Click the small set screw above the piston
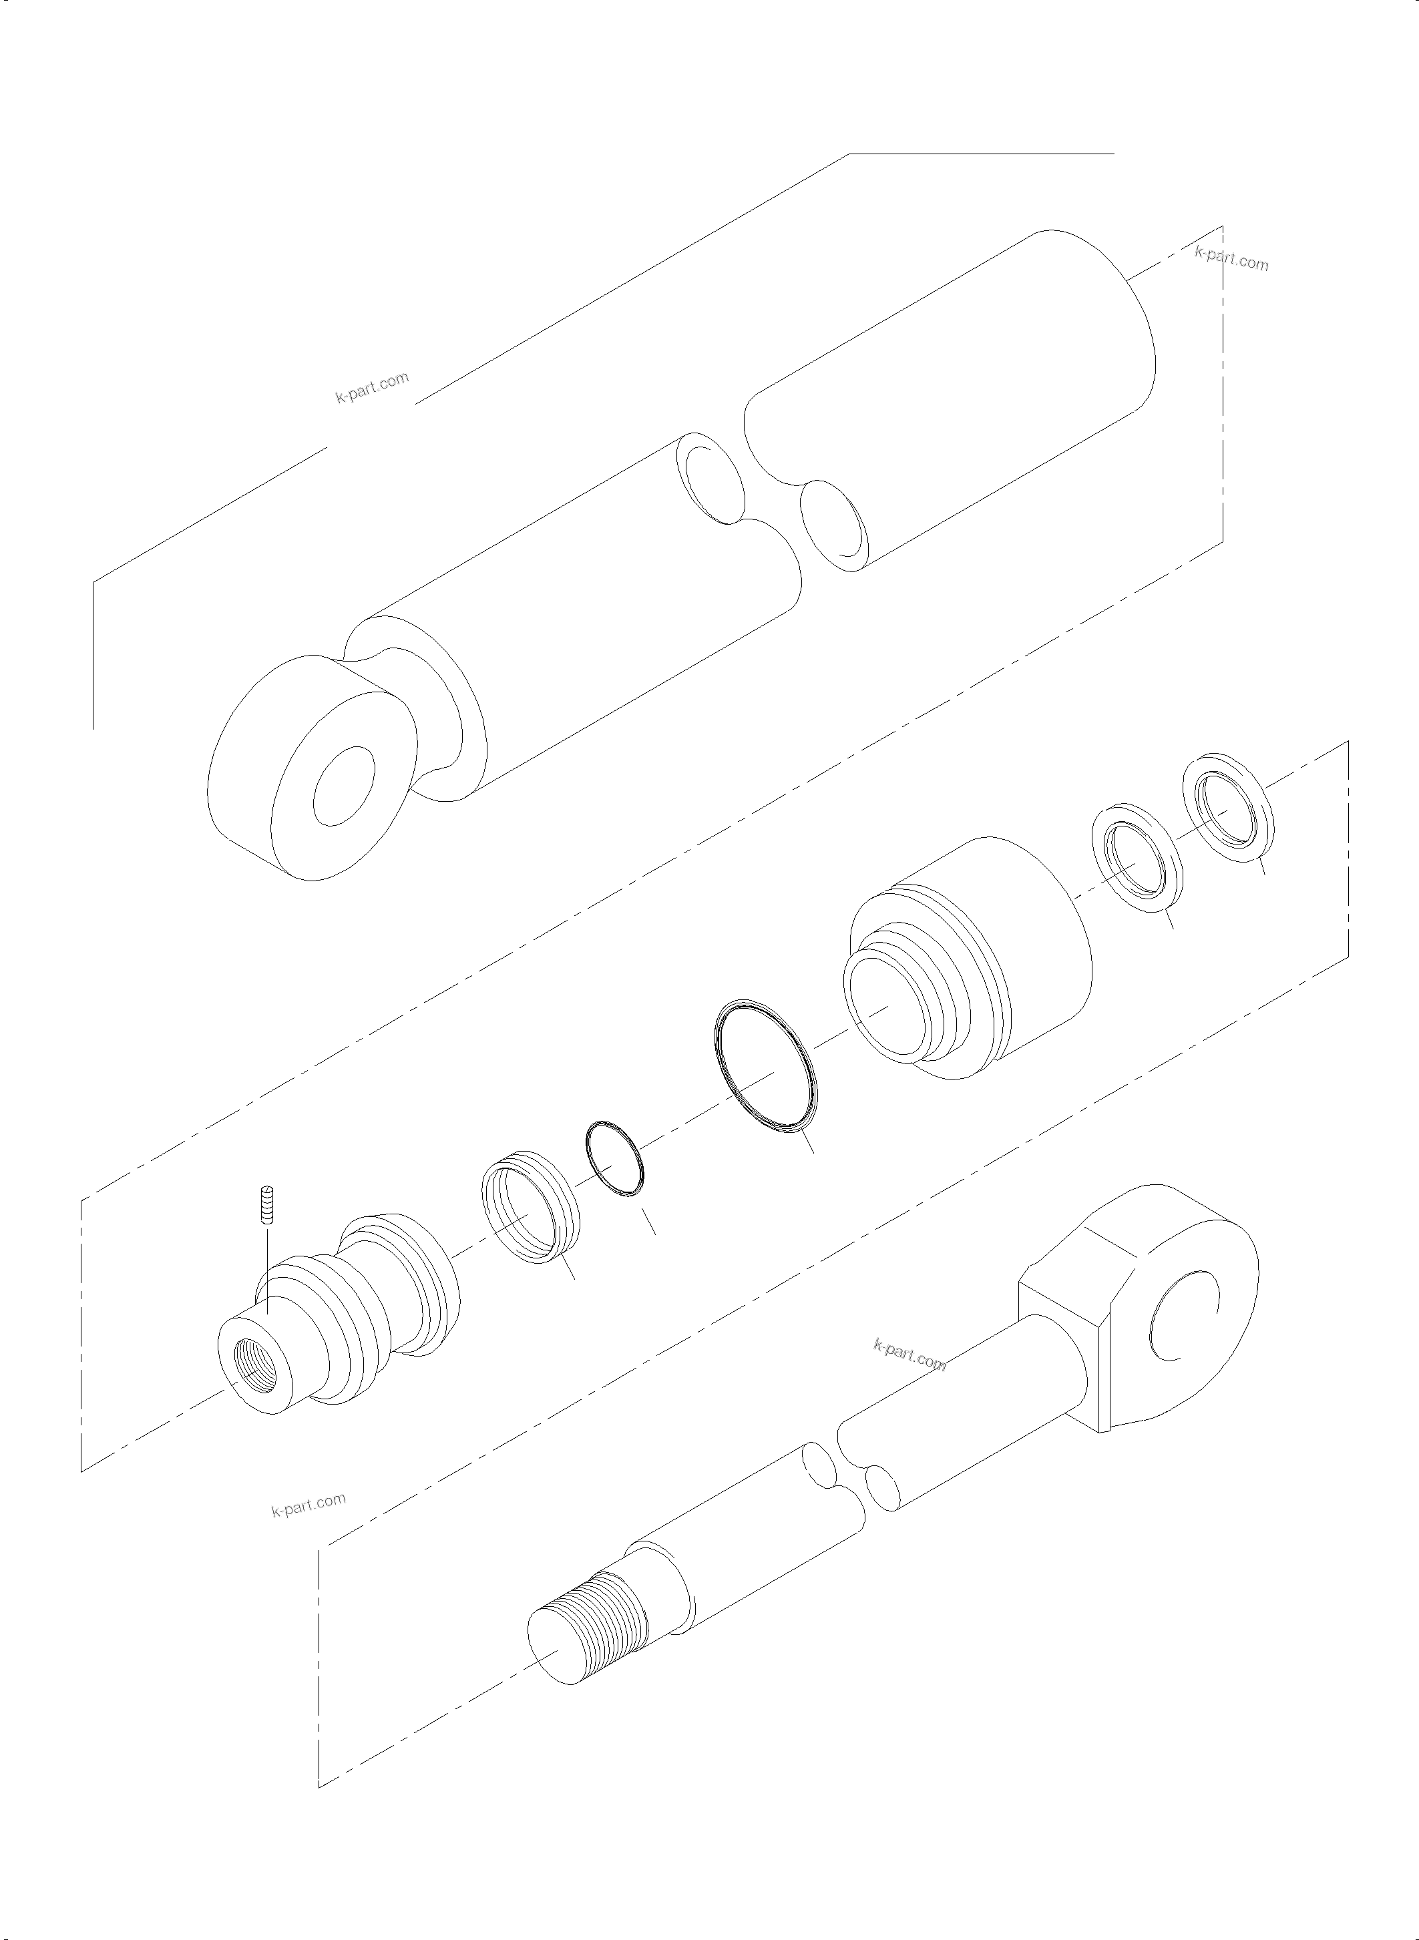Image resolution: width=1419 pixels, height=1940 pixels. coord(267,1206)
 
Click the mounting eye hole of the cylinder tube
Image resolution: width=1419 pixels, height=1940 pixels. coord(344,786)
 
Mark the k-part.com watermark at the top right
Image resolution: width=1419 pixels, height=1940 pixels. coord(1231,258)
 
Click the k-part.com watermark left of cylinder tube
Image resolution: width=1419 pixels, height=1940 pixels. coord(372,388)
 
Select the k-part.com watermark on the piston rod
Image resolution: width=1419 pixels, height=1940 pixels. coord(909,1356)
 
